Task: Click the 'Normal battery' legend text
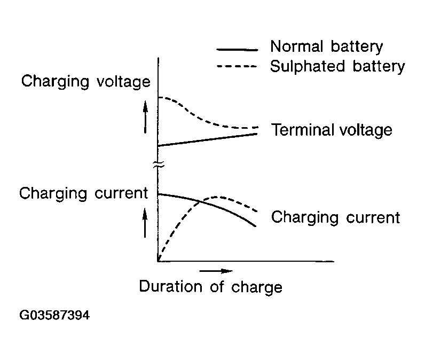327,46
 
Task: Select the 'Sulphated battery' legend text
337,66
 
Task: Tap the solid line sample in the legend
238,50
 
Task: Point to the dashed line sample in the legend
237,66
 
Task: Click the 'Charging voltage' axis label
85,81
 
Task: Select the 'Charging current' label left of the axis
83,193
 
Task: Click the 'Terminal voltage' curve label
332,130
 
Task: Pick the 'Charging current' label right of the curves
335,217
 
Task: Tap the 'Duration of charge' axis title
210,286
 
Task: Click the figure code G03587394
54,315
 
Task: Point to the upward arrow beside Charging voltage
145,117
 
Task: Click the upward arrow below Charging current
145,223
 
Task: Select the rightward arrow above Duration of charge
216,271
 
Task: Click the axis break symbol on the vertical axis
159,165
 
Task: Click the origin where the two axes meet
158,261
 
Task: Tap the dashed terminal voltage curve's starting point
158,97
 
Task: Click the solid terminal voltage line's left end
158,146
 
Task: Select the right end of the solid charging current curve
256,226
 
